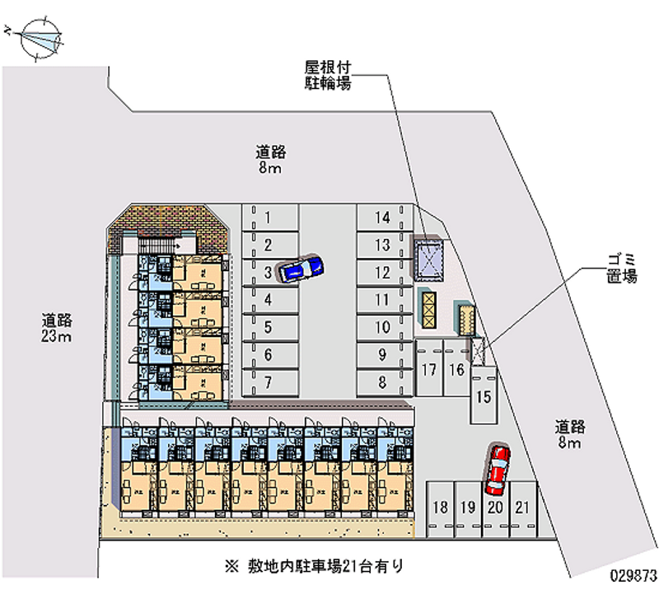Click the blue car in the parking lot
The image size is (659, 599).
[301, 268]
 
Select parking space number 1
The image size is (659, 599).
[269, 218]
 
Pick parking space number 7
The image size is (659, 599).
[269, 381]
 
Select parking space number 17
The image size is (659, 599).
[428, 369]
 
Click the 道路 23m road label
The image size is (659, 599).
[58, 328]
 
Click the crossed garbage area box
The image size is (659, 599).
[478, 350]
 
